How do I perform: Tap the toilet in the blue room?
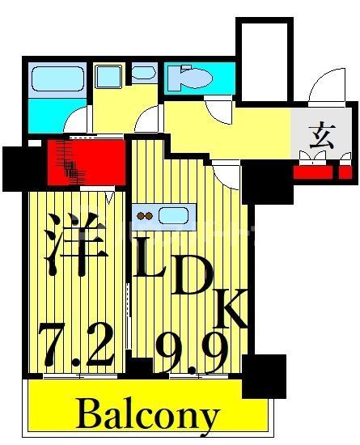pyautogui.click(x=194, y=78)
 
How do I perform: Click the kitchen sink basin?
pyautogui.click(x=173, y=215)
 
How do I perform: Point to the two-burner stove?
pyautogui.click(x=146, y=216)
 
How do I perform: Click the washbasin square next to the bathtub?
pyautogui.click(x=107, y=77)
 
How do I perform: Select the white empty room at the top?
pyautogui.click(x=264, y=61)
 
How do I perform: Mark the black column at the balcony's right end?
pyautogui.click(x=264, y=376)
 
